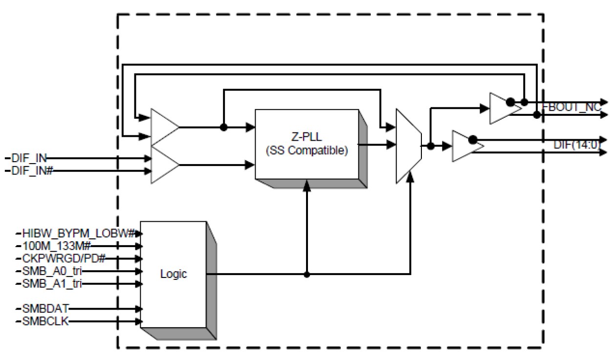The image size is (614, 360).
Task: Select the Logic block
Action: (173, 274)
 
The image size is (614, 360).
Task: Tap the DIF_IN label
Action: (27, 158)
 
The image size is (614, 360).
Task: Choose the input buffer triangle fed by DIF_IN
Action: (164, 165)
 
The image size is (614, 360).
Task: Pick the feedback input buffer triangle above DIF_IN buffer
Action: (164, 127)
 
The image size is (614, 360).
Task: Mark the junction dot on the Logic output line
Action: (307, 274)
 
